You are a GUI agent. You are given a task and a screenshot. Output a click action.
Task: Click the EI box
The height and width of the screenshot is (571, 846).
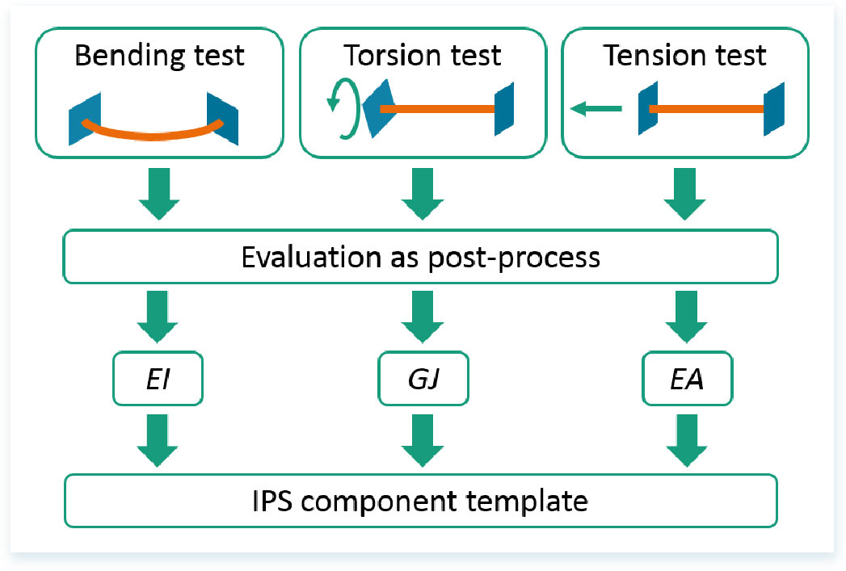tap(158, 379)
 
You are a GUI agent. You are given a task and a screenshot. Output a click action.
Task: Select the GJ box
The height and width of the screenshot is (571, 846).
tap(423, 379)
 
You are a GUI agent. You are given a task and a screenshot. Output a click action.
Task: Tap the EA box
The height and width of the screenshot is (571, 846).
tap(687, 379)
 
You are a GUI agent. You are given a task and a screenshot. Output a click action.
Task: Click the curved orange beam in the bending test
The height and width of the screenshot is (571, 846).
tap(153, 134)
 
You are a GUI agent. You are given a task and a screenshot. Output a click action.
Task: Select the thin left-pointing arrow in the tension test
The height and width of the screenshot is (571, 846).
tap(596, 109)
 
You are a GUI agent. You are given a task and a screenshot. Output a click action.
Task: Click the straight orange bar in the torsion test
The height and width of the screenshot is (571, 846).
tap(437, 109)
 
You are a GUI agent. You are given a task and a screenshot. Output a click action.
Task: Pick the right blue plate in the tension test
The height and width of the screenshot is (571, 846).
tap(774, 109)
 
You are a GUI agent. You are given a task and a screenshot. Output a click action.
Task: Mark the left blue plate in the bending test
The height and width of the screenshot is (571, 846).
tap(85, 120)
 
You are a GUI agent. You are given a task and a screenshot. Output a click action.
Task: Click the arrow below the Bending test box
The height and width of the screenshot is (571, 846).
tap(159, 194)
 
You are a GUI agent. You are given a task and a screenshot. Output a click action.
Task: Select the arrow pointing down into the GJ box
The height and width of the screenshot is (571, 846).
tap(423, 317)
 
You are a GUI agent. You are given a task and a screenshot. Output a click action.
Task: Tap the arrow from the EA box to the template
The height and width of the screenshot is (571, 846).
tap(687, 440)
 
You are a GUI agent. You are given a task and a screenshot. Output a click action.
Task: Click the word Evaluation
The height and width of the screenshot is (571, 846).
tap(312, 257)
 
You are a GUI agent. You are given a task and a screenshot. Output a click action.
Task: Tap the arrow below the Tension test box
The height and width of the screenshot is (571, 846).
tap(684, 194)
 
